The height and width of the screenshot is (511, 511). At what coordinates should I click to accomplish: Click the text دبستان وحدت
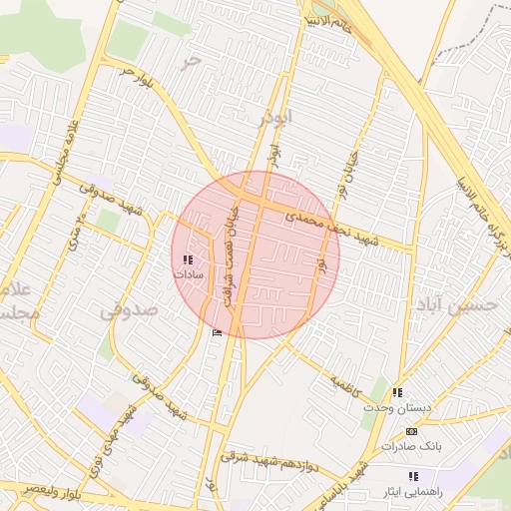pyautogui.click(x=398, y=408)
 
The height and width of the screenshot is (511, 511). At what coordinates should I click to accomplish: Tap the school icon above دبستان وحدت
pyautogui.click(x=398, y=392)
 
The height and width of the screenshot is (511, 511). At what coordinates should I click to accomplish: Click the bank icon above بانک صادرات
pyautogui.click(x=411, y=430)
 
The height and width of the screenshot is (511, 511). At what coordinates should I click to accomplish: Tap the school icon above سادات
pyautogui.click(x=189, y=258)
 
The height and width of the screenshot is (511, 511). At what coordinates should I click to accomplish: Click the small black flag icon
pyautogui.click(x=218, y=332)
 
